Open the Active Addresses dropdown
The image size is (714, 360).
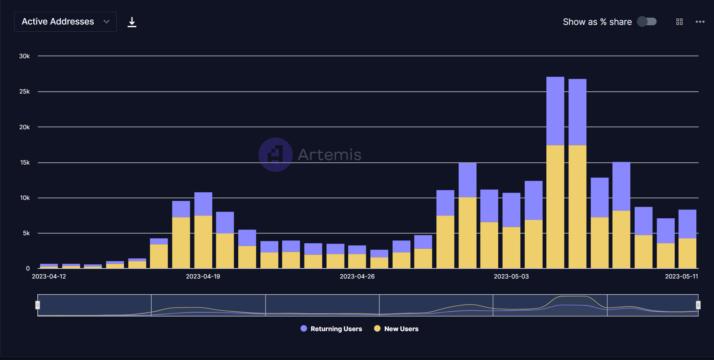click(x=65, y=22)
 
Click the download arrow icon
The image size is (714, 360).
click(x=132, y=22)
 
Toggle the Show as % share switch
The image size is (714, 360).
click(x=647, y=22)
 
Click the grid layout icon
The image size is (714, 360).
click(x=680, y=22)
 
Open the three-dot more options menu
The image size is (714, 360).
click(x=700, y=22)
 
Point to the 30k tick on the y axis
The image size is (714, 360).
click(x=24, y=56)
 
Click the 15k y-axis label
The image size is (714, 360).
click(x=24, y=163)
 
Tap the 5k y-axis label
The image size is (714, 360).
click(x=26, y=233)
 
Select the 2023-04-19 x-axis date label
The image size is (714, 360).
click(x=203, y=277)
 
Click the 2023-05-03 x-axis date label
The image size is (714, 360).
click(x=511, y=277)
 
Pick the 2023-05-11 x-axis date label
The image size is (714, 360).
click(x=681, y=277)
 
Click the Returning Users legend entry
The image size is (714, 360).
click(x=331, y=329)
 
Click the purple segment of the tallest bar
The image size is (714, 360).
click(x=555, y=111)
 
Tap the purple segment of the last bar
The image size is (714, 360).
click(x=687, y=224)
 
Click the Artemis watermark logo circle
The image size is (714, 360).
click(x=276, y=155)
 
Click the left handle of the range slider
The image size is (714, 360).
click(x=38, y=305)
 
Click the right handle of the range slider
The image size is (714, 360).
click(x=698, y=305)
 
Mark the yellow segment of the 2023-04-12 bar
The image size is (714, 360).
click(x=49, y=267)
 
